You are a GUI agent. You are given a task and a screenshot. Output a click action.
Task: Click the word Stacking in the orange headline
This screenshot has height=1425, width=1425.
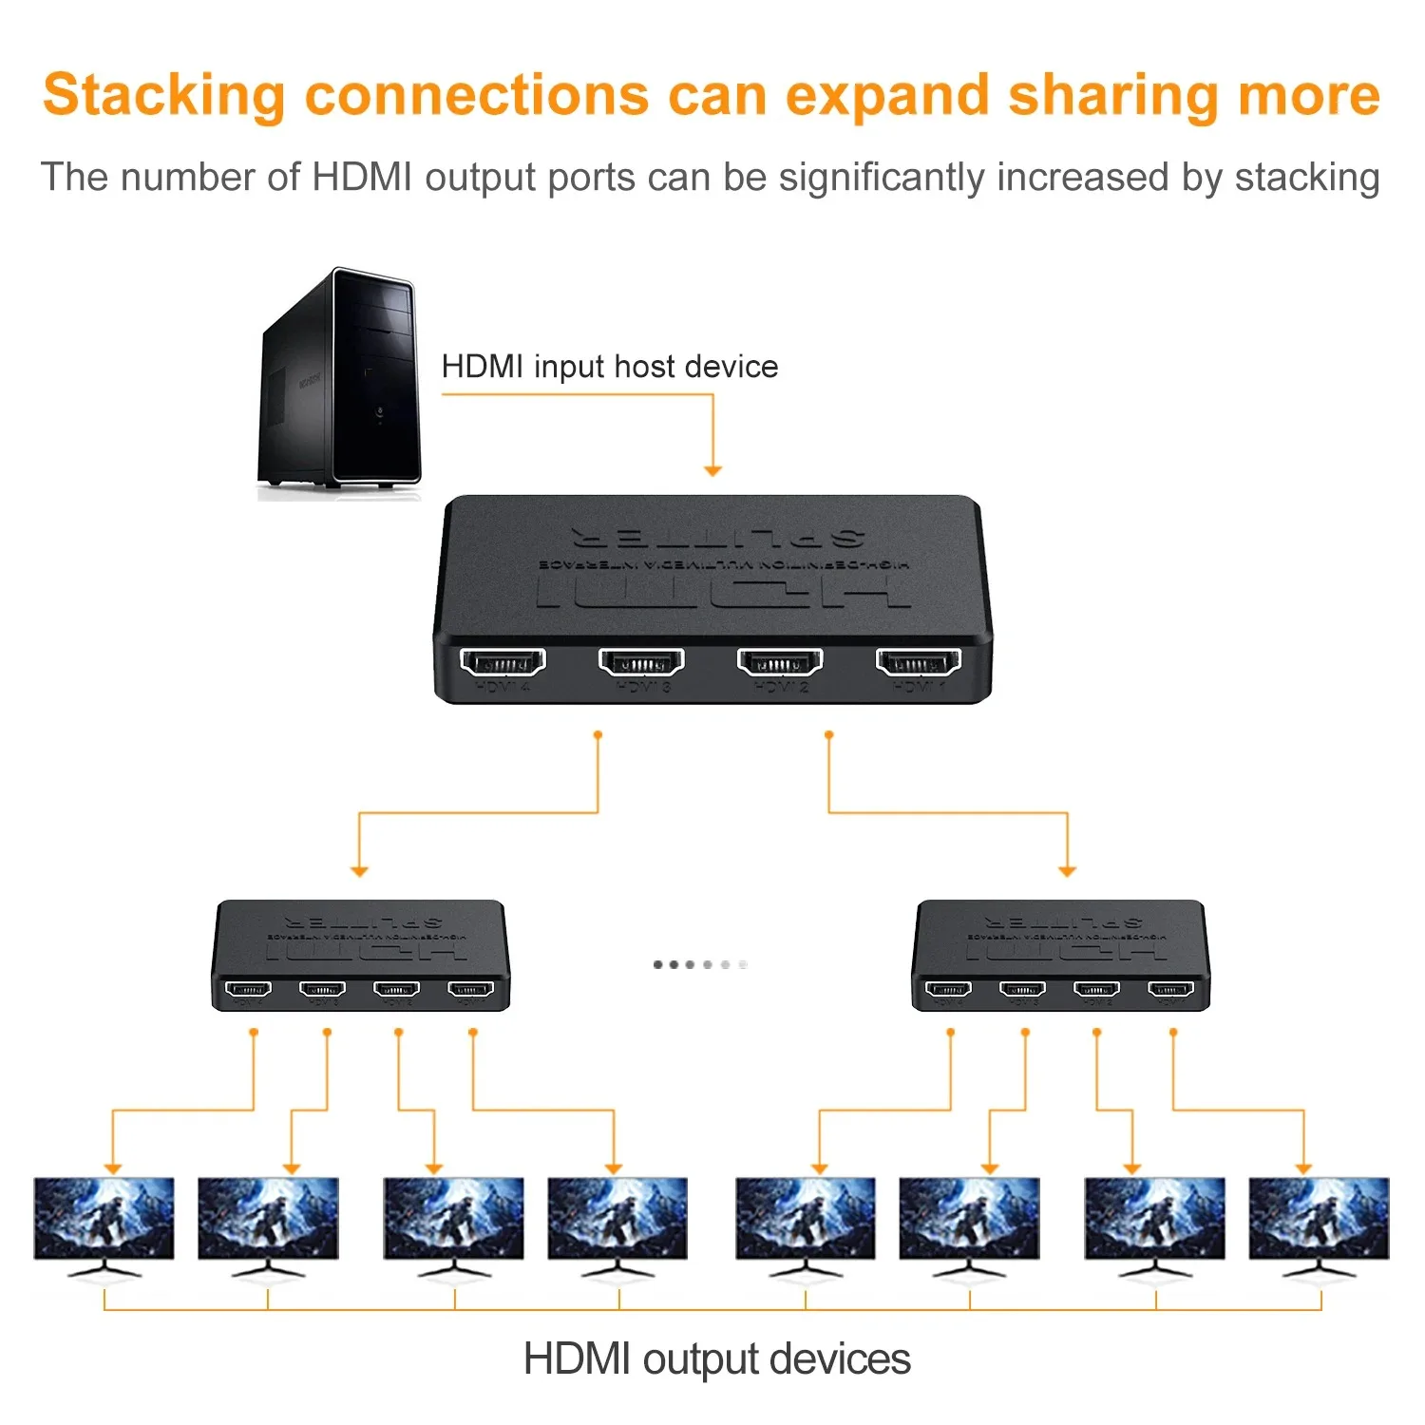tap(163, 96)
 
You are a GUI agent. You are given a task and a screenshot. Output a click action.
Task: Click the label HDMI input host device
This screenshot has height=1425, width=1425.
tap(609, 367)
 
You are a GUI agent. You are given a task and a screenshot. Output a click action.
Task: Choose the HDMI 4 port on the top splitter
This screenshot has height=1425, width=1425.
tap(503, 661)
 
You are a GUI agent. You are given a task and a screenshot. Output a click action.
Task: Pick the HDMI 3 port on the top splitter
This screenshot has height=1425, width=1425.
tap(641, 661)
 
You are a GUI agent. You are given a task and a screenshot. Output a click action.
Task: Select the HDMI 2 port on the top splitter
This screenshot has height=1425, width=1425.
tap(780, 661)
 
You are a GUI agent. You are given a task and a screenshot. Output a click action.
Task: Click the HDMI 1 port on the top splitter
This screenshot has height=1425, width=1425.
tap(918, 661)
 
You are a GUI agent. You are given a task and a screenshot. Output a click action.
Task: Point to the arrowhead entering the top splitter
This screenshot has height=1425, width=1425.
tap(712, 470)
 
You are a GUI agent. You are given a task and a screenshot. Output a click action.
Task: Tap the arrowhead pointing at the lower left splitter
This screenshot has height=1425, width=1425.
tap(359, 870)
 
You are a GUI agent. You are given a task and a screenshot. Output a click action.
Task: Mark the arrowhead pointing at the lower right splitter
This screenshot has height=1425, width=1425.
tap(1067, 870)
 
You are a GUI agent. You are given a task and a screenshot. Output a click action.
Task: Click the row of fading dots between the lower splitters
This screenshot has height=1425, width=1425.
tap(700, 964)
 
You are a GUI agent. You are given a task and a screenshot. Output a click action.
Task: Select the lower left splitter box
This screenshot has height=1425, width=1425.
tap(361, 955)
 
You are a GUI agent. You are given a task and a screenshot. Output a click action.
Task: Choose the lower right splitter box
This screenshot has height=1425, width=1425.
tap(1060, 955)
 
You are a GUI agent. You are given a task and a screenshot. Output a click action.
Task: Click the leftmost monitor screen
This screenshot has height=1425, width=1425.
tap(104, 1218)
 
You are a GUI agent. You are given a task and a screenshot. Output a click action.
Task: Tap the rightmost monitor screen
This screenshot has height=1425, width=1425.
tap(1319, 1218)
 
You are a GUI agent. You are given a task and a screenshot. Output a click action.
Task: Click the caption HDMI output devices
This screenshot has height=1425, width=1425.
tap(716, 1358)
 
